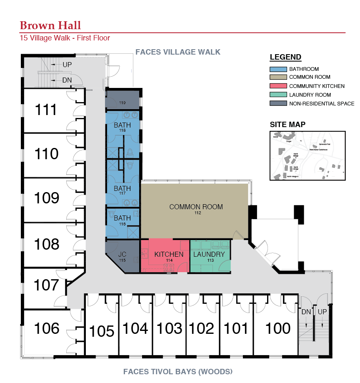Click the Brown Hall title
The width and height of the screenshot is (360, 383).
tap(50, 25)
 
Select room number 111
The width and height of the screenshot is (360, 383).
tap(46, 110)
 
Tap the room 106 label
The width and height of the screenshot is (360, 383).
tap(47, 328)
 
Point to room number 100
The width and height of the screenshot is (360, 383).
tap(278, 328)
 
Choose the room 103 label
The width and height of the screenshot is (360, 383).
tap(170, 328)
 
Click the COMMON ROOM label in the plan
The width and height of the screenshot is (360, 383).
tap(196, 207)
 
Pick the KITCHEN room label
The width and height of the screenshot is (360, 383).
tap(169, 254)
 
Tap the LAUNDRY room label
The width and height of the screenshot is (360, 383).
tap(209, 254)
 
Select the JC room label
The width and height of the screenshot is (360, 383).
tap(122, 254)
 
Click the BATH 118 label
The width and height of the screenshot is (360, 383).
tap(122, 125)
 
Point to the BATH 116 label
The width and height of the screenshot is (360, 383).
tap(122, 218)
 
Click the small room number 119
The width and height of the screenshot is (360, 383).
tap(122, 102)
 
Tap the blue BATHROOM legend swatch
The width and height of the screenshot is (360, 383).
tap(278, 69)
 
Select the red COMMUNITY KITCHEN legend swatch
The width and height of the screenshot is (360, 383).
tap(278, 86)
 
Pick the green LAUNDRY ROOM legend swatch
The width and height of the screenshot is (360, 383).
tap(278, 95)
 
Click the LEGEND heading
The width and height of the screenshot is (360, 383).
tap(285, 57)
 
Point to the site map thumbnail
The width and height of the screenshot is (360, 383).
tap(307, 155)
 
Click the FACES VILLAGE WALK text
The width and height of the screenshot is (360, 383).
tap(178, 52)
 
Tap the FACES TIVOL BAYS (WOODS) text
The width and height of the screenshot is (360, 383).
tap(178, 371)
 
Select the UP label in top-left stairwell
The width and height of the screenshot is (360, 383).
tap(67, 65)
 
